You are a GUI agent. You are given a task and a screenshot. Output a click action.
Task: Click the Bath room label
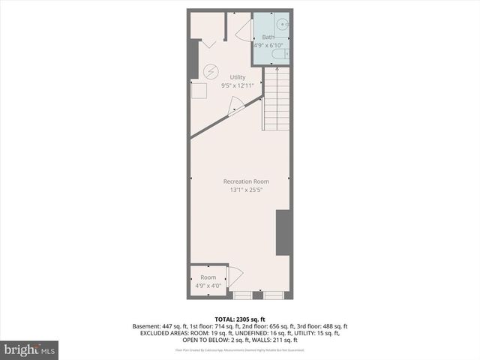click(268, 37)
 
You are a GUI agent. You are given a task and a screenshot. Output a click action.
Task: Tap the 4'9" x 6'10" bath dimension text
click(269, 45)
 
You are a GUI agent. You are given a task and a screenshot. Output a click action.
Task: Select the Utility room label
click(238, 77)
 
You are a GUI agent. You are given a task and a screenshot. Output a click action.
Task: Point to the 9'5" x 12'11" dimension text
click(238, 85)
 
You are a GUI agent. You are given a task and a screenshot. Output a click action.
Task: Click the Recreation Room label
click(246, 181)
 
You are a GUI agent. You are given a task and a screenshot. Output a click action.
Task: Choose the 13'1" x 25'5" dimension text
click(246, 190)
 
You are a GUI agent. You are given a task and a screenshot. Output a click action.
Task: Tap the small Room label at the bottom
click(208, 277)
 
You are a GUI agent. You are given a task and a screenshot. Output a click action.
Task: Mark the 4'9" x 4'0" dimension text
click(208, 285)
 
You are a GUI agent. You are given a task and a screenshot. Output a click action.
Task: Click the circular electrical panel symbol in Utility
click(211, 70)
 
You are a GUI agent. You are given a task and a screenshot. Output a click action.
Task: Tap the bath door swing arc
click(241, 31)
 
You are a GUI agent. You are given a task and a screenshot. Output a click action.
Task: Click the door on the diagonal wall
click(235, 108)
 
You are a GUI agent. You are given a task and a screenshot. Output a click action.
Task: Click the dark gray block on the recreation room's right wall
click(283, 232)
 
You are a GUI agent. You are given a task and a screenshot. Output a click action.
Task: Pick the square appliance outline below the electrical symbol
click(200, 91)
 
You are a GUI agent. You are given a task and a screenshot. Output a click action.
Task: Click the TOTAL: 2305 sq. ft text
click(240, 319)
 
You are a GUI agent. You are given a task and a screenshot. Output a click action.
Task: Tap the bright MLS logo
click(30, 349)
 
